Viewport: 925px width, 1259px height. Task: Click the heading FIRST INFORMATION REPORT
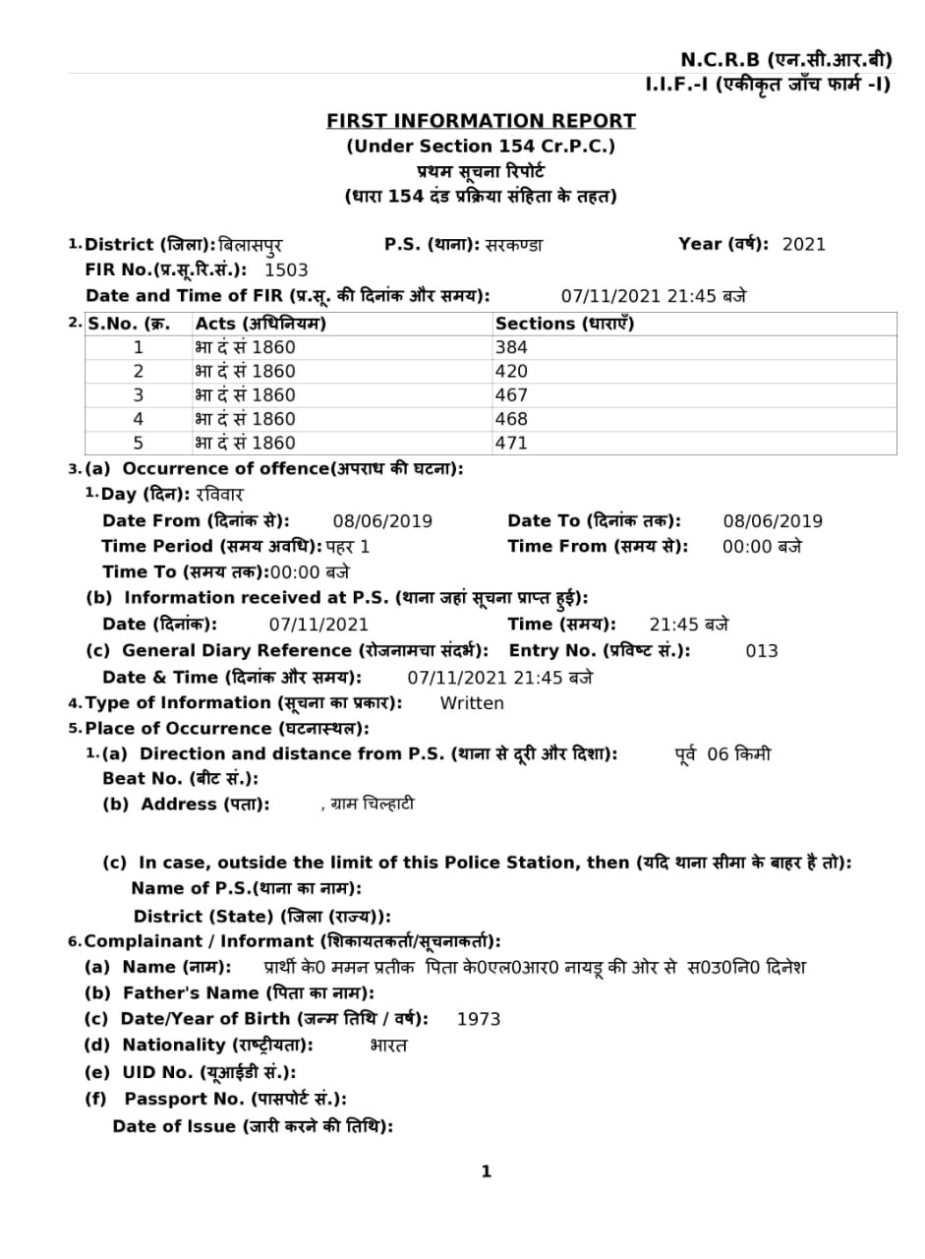tap(481, 121)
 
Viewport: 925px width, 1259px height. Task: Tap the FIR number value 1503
tap(286, 270)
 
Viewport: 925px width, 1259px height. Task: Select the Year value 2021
tap(803, 245)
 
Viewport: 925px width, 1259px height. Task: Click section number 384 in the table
tap(511, 347)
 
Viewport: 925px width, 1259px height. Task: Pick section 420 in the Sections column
tap(511, 372)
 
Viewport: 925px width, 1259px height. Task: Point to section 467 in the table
tap(511, 395)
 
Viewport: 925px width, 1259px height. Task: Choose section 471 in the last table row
tap(511, 444)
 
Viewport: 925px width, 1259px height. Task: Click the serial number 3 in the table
tap(139, 395)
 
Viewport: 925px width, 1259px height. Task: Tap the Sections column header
tap(564, 324)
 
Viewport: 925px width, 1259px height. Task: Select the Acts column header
tap(260, 324)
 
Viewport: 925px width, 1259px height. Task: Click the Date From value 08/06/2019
tap(382, 521)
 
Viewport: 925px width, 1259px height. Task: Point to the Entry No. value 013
tap(761, 651)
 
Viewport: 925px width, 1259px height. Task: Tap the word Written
tap(472, 703)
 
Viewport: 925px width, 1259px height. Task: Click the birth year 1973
tap(479, 1020)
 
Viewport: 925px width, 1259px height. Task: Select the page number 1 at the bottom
tap(486, 1171)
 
